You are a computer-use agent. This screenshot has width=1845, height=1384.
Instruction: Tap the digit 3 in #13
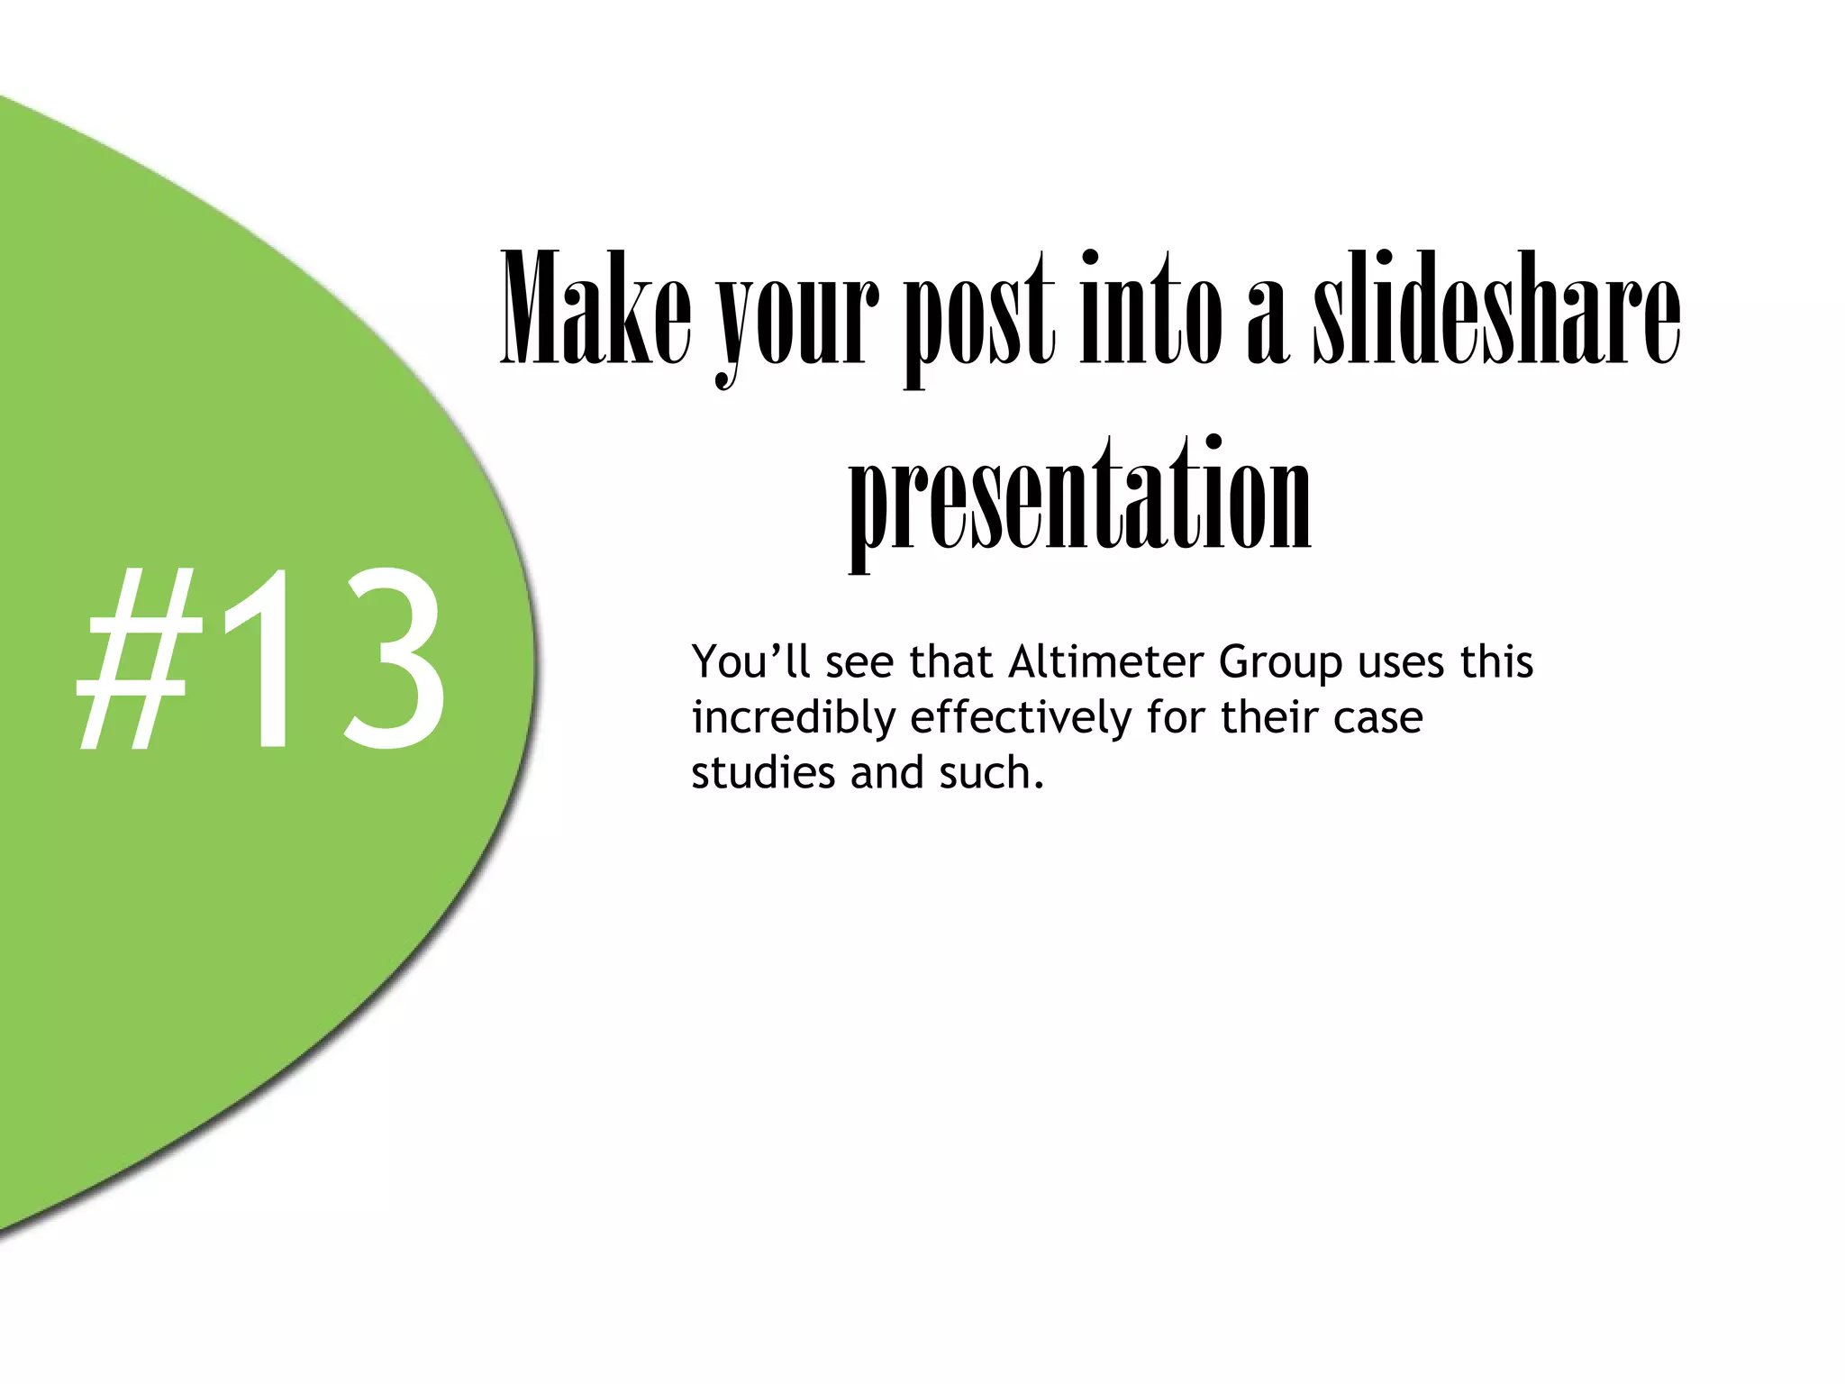click(387, 658)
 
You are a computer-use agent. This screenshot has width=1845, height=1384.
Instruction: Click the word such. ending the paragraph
click(991, 773)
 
